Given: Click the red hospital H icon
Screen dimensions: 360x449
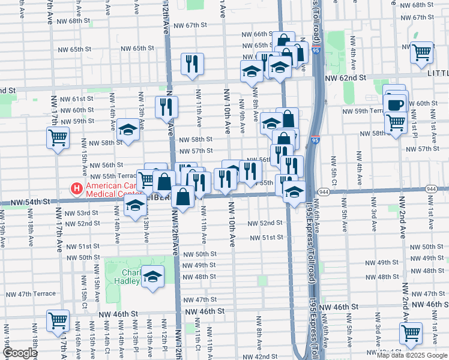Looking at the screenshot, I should [77, 190].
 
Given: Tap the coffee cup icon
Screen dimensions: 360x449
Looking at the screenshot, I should [396, 104].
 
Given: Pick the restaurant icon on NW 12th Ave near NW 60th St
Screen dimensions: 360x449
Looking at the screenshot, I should [166, 107].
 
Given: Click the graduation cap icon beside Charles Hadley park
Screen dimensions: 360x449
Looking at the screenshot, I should [152, 277].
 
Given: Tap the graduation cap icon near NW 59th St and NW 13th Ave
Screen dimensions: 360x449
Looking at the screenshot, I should [128, 130].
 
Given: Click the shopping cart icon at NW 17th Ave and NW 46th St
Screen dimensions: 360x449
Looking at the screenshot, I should [58, 320].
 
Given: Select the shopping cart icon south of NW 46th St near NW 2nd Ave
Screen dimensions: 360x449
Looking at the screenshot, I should [411, 332].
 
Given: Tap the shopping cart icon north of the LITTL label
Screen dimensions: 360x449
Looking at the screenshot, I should [422, 52].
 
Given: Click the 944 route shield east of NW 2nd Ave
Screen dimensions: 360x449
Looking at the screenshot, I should [431, 188].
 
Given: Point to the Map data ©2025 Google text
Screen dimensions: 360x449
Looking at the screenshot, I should [412, 355].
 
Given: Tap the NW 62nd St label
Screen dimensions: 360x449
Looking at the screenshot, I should [345, 78].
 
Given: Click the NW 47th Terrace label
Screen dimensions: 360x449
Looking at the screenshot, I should [31, 294].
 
